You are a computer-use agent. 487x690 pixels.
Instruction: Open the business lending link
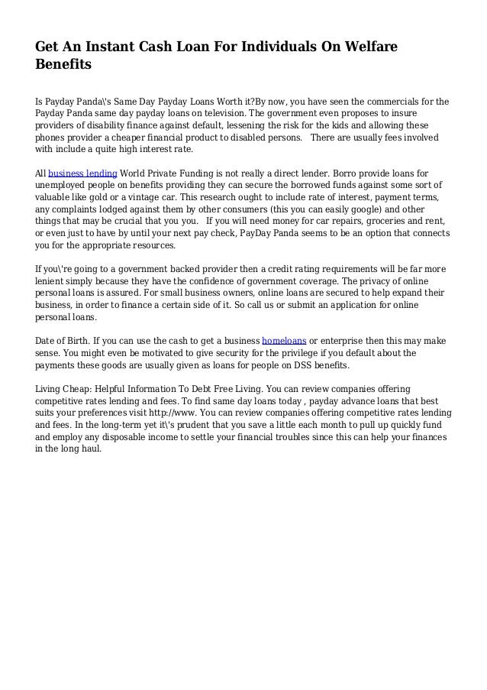tap(82, 173)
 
